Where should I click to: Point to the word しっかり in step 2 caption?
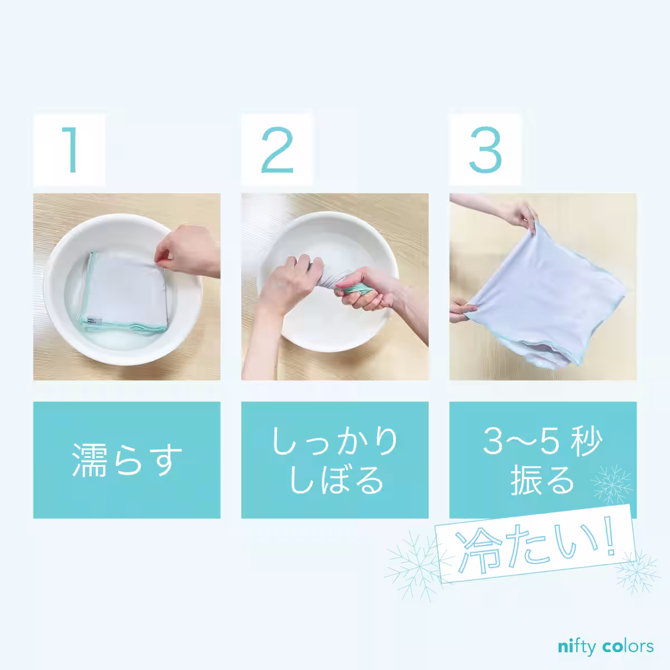pyautogui.click(x=335, y=441)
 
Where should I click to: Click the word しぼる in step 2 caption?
pyautogui.click(x=335, y=479)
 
